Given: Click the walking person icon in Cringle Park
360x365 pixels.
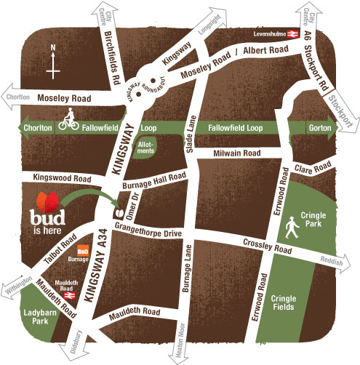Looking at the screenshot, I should [292, 230].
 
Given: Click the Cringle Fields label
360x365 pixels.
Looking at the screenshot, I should [284, 302].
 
